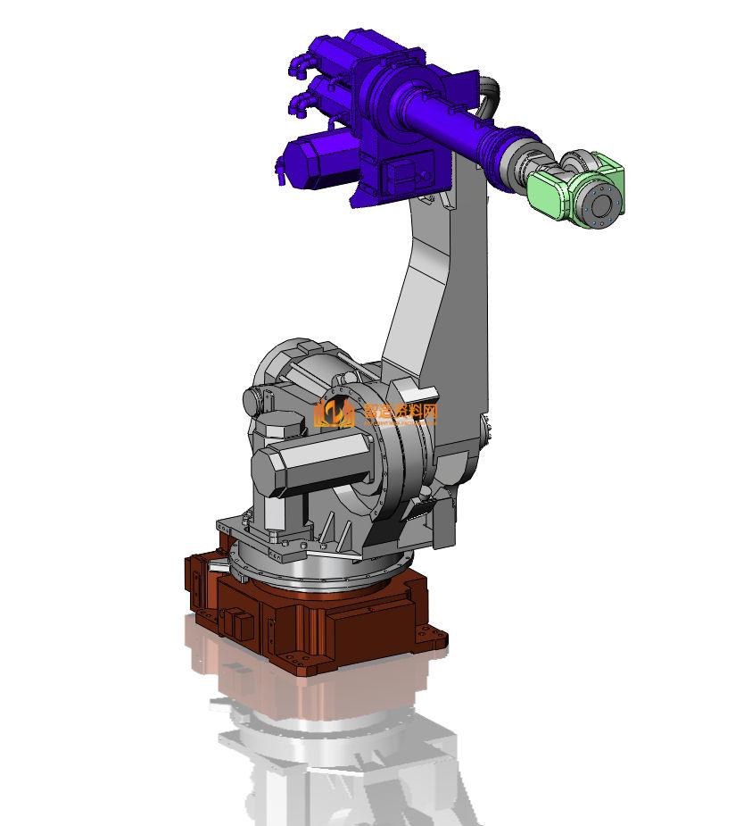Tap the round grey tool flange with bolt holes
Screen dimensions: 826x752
coord(601,202)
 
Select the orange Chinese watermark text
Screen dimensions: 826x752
coord(401,412)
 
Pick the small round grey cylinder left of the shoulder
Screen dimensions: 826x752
coord(255,401)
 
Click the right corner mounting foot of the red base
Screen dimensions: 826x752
coord(435,639)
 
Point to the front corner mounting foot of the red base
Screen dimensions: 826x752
coord(312,666)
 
